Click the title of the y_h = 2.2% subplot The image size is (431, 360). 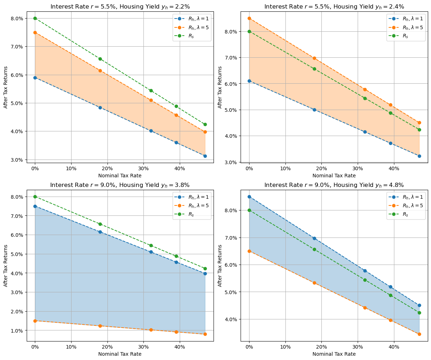point(120,6)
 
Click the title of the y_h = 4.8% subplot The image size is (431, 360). point(334,185)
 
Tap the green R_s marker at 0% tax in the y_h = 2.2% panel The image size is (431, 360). point(35,18)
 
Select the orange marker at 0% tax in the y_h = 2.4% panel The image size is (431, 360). point(249,18)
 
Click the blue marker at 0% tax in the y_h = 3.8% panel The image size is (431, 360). point(35,206)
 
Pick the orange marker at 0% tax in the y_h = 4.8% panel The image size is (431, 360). point(249,251)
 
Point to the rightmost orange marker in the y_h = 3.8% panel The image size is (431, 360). point(205,334)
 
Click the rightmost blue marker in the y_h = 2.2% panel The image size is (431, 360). point(205,156)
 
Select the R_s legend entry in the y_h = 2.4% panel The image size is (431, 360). point(406,36)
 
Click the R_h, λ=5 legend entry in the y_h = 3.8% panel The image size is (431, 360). point(192,205)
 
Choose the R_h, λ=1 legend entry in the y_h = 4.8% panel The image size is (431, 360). point(406,197)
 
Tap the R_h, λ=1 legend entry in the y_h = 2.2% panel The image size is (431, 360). point(192,19)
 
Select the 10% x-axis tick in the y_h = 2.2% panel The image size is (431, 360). point(71,168)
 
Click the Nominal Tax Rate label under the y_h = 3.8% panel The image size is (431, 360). point(120,354)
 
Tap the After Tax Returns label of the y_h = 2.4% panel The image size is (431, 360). point(220,87)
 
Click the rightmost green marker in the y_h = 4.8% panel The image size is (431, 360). point(419,313)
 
